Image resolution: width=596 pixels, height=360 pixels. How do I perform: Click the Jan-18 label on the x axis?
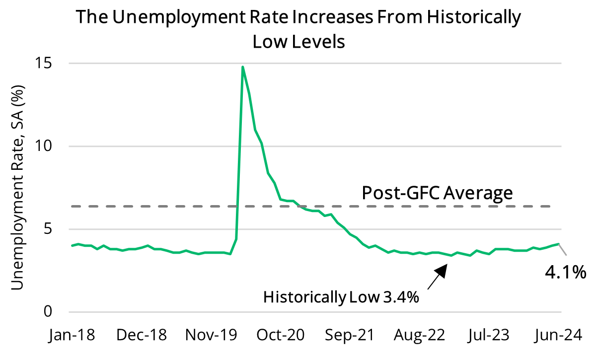tap(72, 336)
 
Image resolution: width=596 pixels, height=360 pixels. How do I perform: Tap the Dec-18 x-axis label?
tap(141, 336)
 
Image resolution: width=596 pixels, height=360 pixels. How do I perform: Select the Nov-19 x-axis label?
tap(211, 336)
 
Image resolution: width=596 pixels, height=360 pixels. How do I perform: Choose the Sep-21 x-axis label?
tap(350, 336)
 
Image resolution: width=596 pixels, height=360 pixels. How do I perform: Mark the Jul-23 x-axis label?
tap(489, 336)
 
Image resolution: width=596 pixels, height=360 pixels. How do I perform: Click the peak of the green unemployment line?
tap(242, 67)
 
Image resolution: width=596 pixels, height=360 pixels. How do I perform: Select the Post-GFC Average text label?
tap(437, 193)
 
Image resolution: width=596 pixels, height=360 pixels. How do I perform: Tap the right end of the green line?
tap(559, 244)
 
